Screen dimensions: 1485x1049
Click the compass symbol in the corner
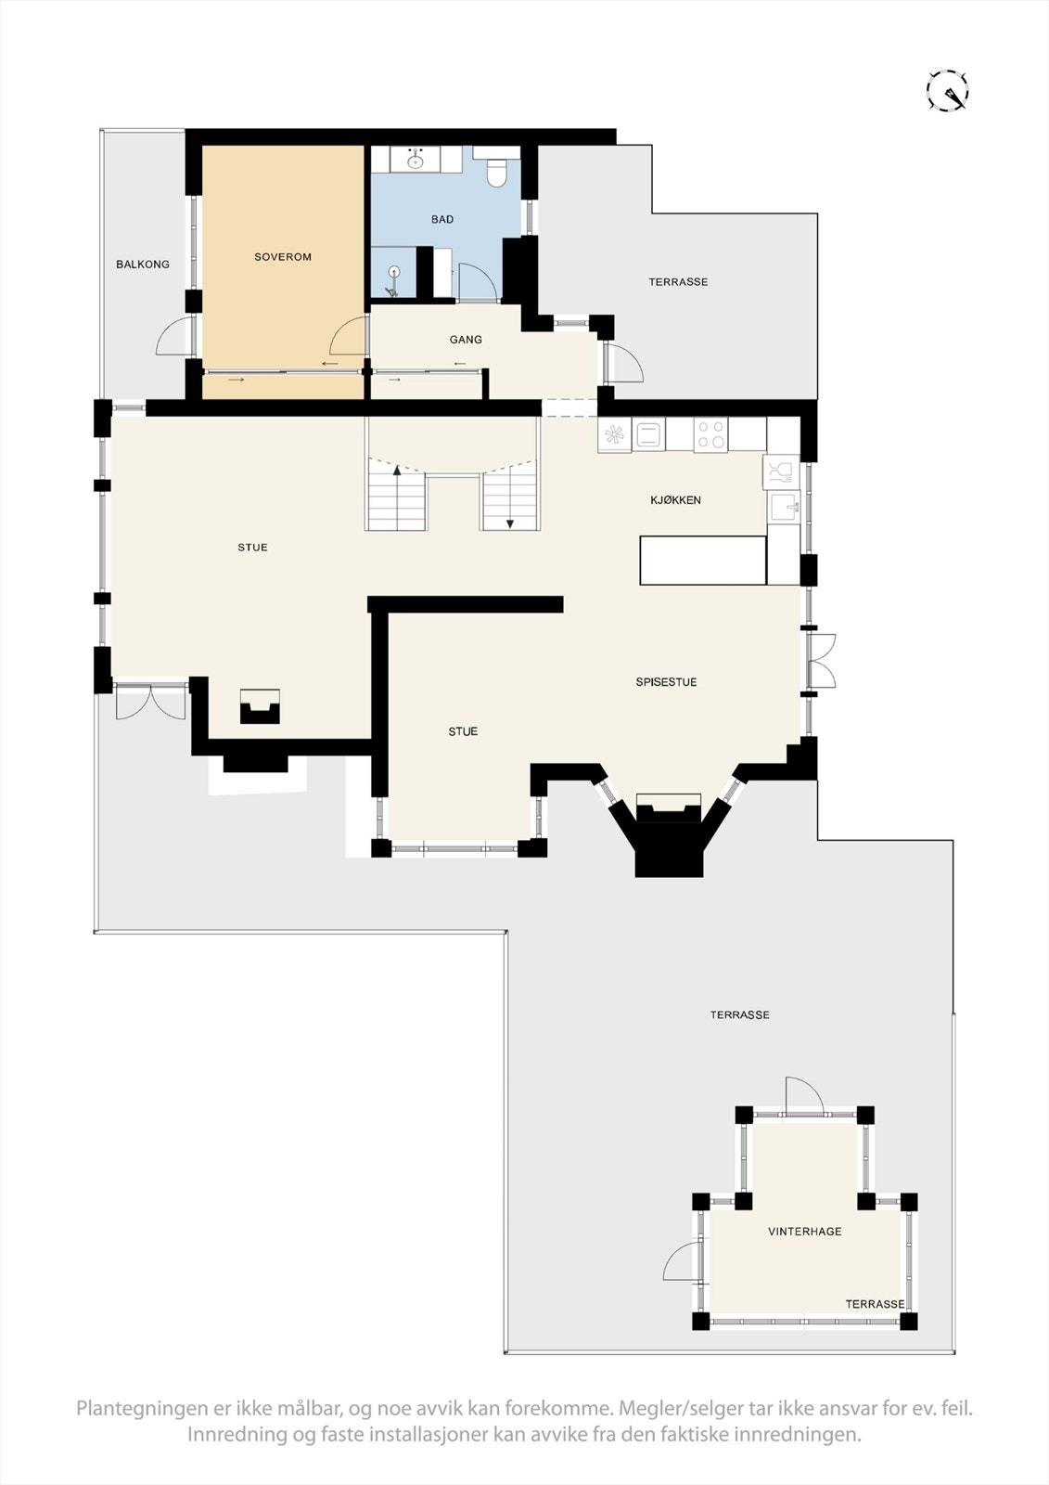pos(948,90)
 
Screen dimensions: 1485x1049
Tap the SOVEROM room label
pos(283,257)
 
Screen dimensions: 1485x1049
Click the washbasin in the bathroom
pos(416,161)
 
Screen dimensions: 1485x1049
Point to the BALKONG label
pos(143,265)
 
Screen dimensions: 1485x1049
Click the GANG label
pos(466,340)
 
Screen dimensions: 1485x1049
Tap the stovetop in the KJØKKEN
pos(710,435)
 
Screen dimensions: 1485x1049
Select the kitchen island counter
pos(703,560)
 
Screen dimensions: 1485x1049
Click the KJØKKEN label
pos(675,500)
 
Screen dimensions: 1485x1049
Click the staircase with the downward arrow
pos(510,499)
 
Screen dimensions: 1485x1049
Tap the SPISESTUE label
pos(666,682)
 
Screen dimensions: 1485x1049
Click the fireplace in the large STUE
pos(260,707)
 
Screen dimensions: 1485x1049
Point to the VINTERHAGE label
pos(804,1232)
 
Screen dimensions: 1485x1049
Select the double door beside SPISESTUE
pos(821,661)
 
